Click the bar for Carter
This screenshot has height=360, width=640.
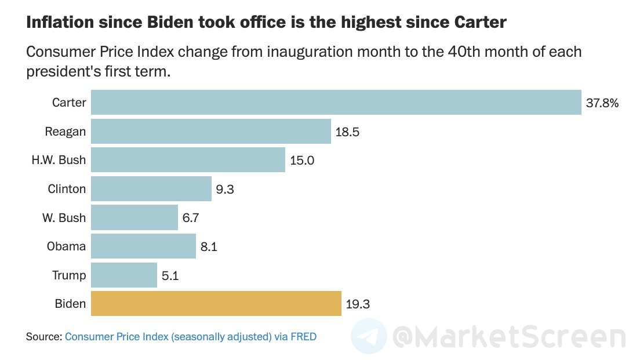point(336,103)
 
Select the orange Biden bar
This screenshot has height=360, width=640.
point(216,304)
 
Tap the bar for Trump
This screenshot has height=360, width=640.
point(124,275)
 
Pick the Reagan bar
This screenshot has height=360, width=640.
point(211,132)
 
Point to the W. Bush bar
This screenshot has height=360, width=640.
point(134,218)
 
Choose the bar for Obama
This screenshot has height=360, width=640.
point(144,246)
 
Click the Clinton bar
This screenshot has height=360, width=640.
point(151,189)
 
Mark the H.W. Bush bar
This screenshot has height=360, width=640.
point(188,160)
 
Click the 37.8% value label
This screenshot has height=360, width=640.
point(602,103)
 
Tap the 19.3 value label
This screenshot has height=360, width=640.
point(357,304)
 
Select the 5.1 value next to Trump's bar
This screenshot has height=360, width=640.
point(170,276)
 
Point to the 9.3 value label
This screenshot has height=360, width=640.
point(225,190)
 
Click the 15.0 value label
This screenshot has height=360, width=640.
point(302,161)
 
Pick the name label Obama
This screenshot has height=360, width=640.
point(66,246)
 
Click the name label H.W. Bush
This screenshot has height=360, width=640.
point(58,160)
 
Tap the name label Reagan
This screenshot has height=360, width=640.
point(65,132)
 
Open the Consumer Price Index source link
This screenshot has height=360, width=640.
point(191,336)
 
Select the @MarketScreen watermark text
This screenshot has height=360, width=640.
point(509,337)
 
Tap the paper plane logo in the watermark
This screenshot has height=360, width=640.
point(369,336)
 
